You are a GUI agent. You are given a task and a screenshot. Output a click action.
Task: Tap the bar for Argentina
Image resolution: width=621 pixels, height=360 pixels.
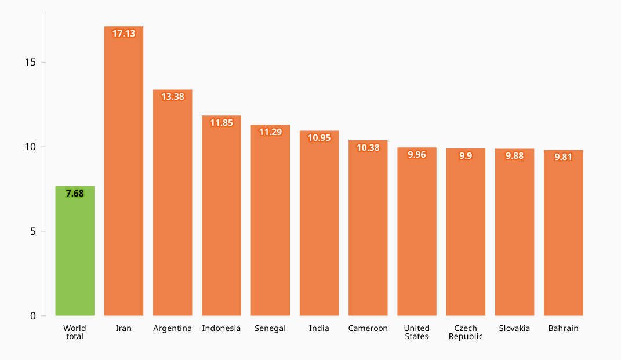[x=172, y=203]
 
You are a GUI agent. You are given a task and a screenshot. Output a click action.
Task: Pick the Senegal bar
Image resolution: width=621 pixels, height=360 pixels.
[x=270, y=220]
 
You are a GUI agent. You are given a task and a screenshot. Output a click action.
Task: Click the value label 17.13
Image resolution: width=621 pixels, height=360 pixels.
[x=124, y=34]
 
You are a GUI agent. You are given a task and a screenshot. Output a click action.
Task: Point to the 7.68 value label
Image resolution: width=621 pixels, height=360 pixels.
[x=75, y=194]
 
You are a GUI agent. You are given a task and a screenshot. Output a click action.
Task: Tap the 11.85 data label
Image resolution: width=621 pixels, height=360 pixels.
[x=221, y=123]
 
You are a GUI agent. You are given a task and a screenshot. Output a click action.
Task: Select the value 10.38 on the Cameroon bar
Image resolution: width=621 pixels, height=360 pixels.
[x=368, y=148]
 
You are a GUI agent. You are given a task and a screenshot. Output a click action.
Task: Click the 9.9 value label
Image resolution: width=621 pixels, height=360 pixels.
[x=466, y=156]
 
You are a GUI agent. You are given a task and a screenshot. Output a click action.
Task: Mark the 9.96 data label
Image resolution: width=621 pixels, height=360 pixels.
[x=417, y=155]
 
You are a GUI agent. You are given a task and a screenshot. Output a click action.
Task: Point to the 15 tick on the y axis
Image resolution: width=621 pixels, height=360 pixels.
[x=30, y=62]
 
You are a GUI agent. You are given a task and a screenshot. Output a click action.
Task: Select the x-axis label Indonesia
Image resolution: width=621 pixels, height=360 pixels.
[x=221, y=329]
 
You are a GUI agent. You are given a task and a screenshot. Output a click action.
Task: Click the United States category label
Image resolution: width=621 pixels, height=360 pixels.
[x=417, y=332]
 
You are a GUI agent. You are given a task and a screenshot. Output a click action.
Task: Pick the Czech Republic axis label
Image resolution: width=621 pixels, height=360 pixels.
[x=466, y=332]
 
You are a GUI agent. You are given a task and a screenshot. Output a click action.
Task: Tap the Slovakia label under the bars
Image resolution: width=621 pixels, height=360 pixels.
[x=514, y=329]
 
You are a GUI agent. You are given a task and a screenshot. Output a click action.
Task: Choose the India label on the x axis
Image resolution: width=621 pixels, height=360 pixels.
[x=319, y=329]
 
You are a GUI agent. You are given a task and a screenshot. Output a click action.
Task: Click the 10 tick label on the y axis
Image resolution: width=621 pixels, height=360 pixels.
[x=30, y=147]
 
